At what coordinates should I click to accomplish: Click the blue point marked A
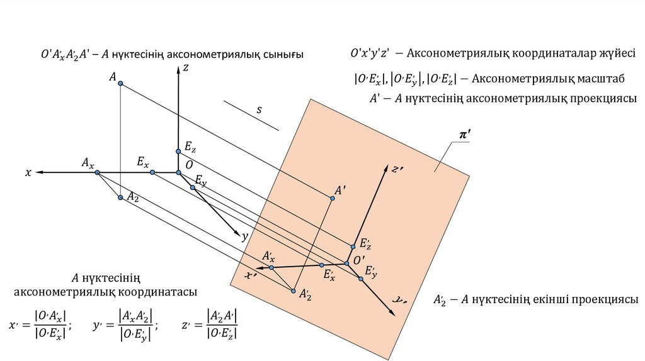(x=120, y=84)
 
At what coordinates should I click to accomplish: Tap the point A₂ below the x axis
(x=120, y=197)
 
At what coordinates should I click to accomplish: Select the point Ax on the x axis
(x=97, y=172)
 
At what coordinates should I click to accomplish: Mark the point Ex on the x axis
(x=152, y=172)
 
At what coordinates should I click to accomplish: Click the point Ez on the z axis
(x=179, y=151)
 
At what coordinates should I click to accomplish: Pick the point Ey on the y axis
(x=193, y=187)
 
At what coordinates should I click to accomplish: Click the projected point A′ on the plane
(x=332, y=199)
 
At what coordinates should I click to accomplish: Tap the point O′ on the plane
(x=346, y=263)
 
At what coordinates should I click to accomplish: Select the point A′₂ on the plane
(x=293, y=291)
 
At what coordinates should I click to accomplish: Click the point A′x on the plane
(x=271, y=267)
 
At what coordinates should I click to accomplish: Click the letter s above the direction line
(x=258, y=110)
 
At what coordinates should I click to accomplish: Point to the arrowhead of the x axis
(x=39, y=172)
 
